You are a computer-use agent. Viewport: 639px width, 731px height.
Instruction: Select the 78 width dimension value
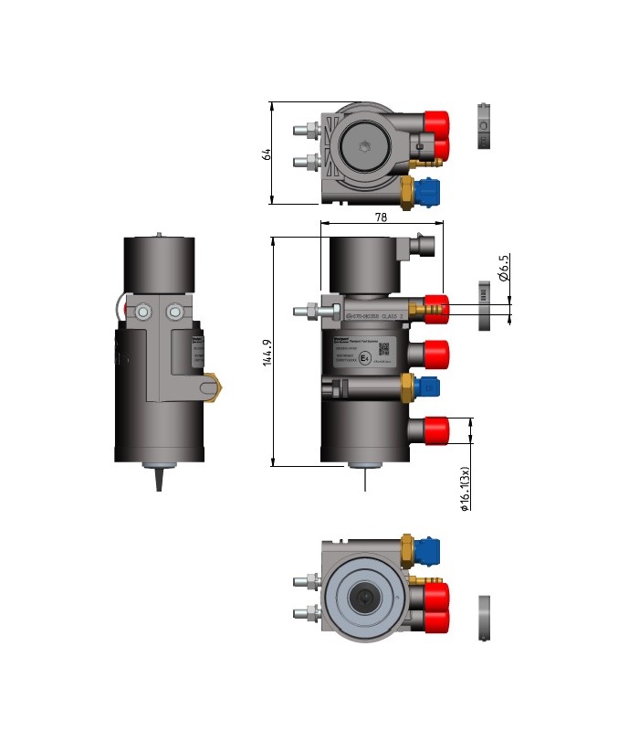(x=381, y=217)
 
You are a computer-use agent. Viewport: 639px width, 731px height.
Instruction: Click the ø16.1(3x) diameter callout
(x=465, y=490)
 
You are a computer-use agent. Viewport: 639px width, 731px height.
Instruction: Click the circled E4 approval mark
(x=364, y=358)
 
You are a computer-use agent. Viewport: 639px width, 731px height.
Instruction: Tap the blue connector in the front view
(x=427, y=387)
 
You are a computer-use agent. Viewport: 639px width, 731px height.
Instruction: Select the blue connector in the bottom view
(x=428, y=551)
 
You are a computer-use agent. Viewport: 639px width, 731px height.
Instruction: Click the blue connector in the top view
(x=428, y=192)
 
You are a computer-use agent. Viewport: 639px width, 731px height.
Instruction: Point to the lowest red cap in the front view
(x=436, y=428)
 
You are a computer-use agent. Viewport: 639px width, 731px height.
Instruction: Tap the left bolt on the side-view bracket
(x=144, y=313)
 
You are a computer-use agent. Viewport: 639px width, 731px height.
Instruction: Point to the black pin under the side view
(x=160, y=476)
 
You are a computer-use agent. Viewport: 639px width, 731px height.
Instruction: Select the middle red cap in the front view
(x=436, y=352)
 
